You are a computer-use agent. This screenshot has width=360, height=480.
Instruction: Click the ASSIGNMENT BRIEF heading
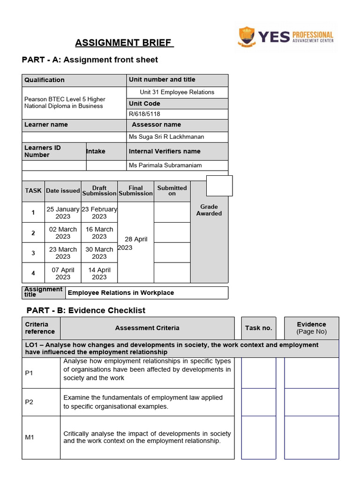pyautogui.click(x=125, y=44)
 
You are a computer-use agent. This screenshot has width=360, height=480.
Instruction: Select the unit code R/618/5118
pyautogui.click(x=144, y=114)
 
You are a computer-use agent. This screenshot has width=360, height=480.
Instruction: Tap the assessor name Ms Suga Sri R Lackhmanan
pyautogui.click(x=166, y=137)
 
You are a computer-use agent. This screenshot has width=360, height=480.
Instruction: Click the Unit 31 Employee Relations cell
pyautogui.click(x=177, y=92)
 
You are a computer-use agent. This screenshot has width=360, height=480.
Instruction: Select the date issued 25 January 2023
pyautogui.click(x=63, y=213)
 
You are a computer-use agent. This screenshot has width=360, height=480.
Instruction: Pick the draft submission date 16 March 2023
pyautogui.click(x=99, y=233)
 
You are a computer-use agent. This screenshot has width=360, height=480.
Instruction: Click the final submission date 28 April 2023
pyautogui.click(x=135, y=243)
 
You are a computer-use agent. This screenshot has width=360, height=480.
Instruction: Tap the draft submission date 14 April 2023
pyautogui.click(x=99, y=273)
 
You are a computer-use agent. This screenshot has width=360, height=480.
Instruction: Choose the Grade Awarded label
pyautogui.click(x=209, y=210)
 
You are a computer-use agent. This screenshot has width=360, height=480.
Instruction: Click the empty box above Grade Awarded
pyautogui.click(x=219, y=186)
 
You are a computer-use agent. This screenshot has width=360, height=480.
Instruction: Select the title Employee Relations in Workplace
pyautogui.click(x=121, y=293)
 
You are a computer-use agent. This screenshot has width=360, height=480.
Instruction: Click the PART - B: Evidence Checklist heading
pyautogui.click(x=86, y=310)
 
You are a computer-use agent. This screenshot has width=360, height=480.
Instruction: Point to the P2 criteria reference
pyautogui.click(x=29, y=402)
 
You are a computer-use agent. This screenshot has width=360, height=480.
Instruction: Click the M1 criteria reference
pyautogui.click(x=30, y=437)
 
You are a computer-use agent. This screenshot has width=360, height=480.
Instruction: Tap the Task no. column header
pyautogui.click(x=258, y=328)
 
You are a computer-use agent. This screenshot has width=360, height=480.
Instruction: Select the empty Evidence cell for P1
pyautogui.click(x=311, y=373)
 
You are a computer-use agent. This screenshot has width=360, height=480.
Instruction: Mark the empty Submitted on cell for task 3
pyautogui.click(x=172, y=253)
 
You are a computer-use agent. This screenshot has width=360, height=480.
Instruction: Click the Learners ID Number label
pyautogui.click(x=43, y=151)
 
